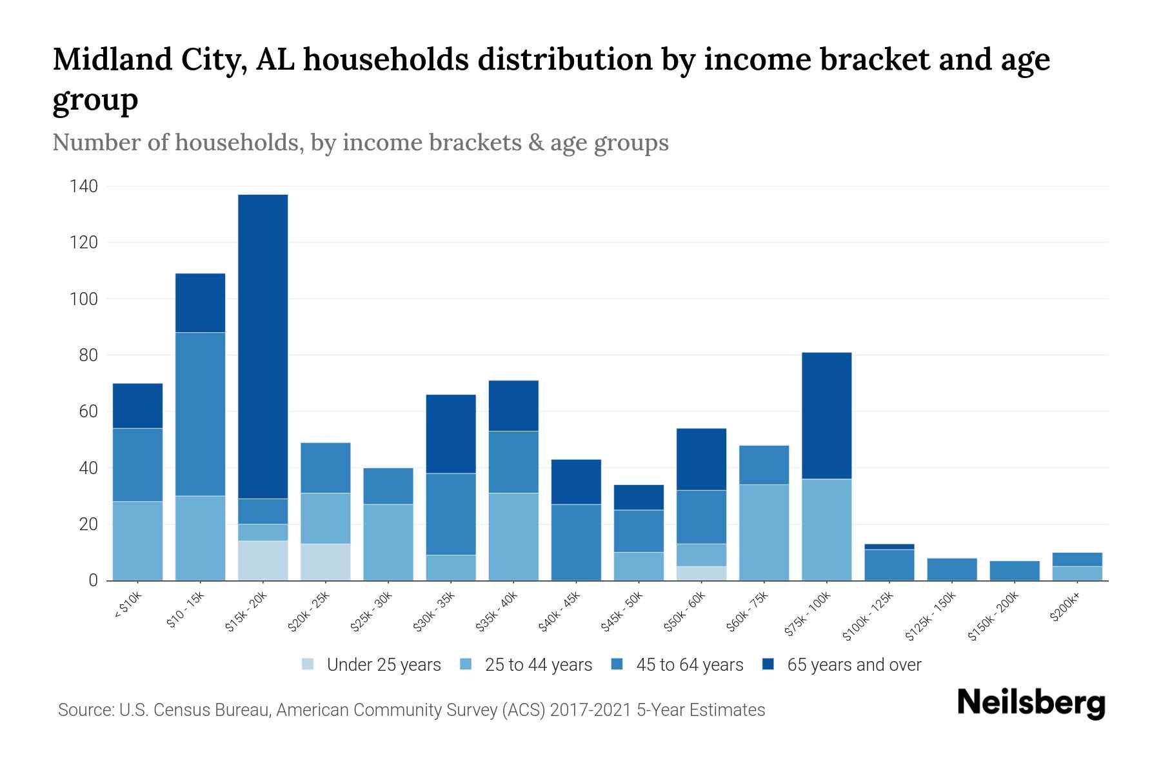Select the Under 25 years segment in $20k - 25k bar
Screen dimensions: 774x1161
click(x=326, y=562)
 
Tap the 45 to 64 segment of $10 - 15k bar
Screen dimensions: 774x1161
click(x=200, y=414)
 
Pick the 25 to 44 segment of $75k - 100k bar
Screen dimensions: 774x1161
click(x=826, y=530)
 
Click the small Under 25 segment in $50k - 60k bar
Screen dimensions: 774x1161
click(x=701, y=573)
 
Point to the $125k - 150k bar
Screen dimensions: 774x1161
click(x=951, y=570)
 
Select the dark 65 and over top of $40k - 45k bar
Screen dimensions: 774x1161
click(x=576, y=482)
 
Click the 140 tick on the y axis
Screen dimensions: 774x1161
click(x=84, y=187)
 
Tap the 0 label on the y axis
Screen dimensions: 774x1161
click(x=94, y=580)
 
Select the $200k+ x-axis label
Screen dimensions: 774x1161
click(x=1064, y=609)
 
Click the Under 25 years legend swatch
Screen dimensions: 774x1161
click(x=308, y=664)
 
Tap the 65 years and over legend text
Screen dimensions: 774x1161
click(x=854, y=665)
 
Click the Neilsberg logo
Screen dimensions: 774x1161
click(x=1031, y=703)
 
